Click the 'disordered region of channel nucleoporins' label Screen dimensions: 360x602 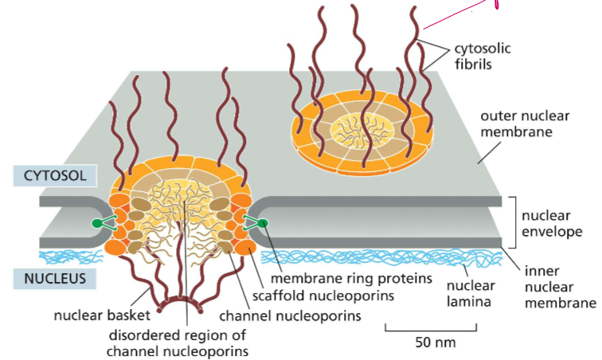(x=185, y=340)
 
